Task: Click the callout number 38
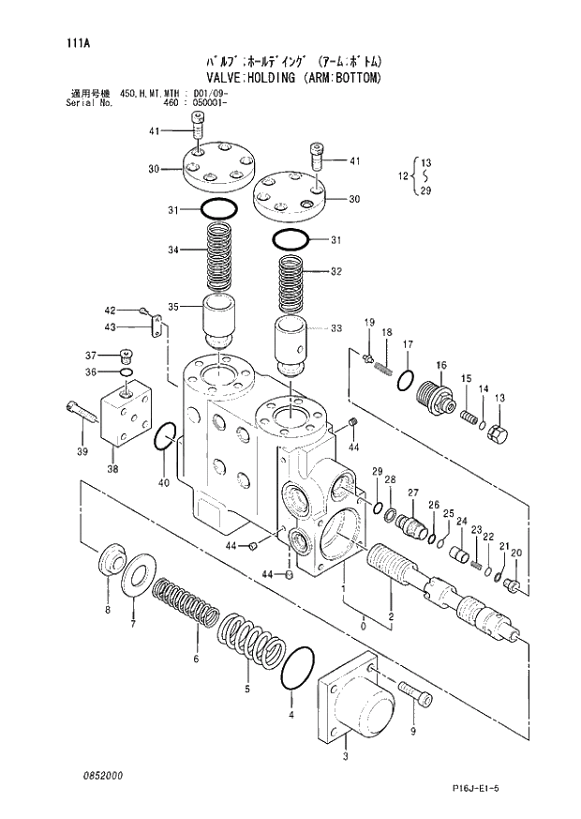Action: tap(112, 470)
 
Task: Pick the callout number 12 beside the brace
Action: tap(403, 175)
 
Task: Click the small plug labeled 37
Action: tap(128, 356)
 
